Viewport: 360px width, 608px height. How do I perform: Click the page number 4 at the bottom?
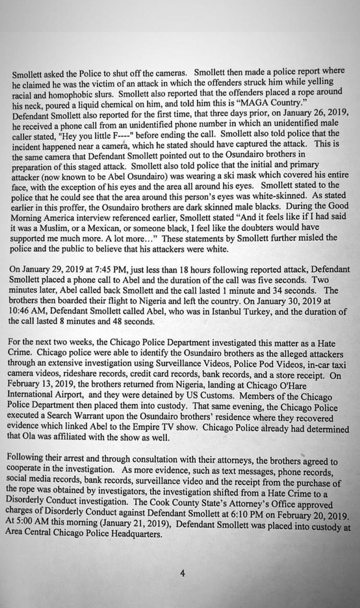click(183, 573)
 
